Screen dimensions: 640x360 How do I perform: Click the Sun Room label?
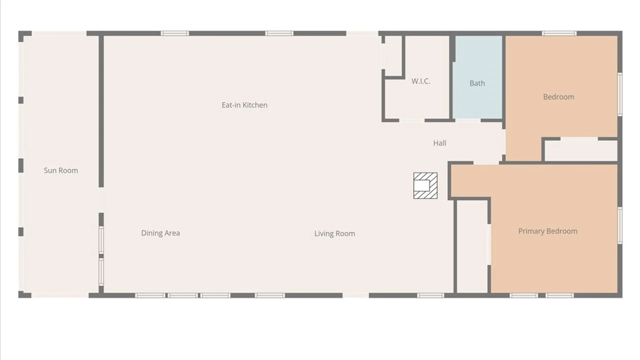(61, 170)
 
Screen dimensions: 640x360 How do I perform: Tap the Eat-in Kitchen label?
(245, 105)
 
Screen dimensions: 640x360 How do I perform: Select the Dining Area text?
(161, 233)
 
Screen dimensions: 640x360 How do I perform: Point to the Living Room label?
(335, 234)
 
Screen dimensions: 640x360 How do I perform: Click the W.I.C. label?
(421, 81)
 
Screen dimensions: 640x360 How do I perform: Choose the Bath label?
(477, 83)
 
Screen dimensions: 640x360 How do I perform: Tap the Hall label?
(440, 143)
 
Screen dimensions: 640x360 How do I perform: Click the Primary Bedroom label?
(548, 231)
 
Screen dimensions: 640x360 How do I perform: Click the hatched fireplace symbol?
(425, 186)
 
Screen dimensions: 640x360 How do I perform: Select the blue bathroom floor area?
(477, 77)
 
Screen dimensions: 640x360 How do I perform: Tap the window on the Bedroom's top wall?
(559, 33)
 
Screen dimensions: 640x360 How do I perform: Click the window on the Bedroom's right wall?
(620, 94)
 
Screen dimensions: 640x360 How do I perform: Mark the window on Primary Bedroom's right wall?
(620, 225)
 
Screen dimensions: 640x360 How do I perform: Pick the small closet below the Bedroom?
(581, 151)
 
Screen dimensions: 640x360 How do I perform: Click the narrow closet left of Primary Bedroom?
(472, 247)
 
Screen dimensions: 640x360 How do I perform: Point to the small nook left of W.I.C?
(393, 56)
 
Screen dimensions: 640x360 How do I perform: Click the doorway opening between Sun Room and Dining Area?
(101, 200)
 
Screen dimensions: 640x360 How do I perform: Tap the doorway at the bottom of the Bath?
(468, 120)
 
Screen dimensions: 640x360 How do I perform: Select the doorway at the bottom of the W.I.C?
(412, 120)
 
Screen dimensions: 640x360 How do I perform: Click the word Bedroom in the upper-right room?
(559, 97)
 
